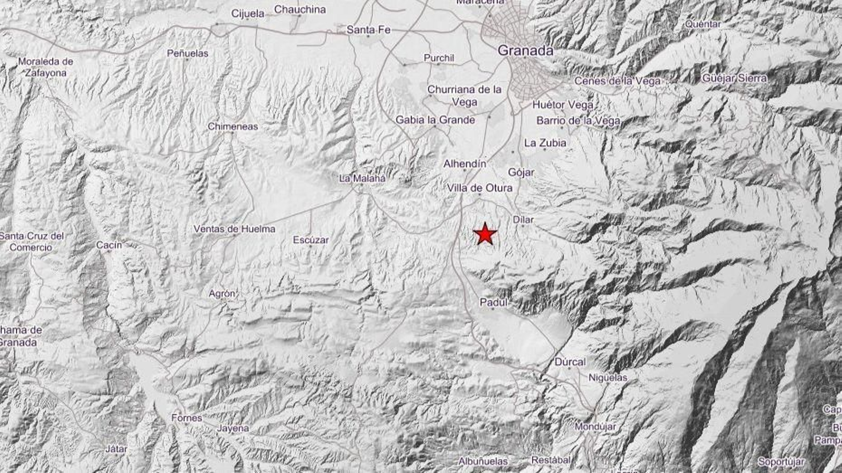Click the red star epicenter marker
point(485,234)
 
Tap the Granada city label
point(525,50)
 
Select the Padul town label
point(494,302)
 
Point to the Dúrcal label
point(570,362)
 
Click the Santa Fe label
point(368,30)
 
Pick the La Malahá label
point(362,179)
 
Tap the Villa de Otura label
point(479,188)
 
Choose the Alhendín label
point(465,164)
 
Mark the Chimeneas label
point(233,126)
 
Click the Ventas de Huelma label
point(234,229)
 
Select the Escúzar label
point(310,240)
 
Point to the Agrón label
point(222,294)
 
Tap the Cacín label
point(109,245)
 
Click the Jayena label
point(233,428)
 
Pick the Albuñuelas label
point(483,461)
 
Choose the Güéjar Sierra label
point(735,78)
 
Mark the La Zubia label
point(545,142)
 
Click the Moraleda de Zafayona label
point(46,67)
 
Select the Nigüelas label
point(608,377)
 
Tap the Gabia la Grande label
point(435,120)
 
